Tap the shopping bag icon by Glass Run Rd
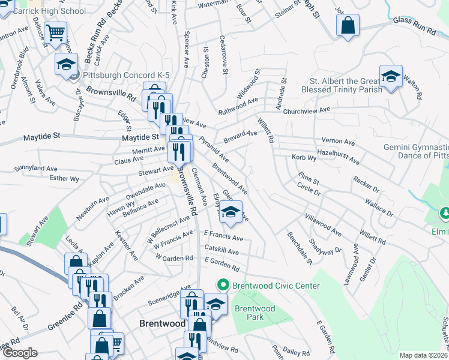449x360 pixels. pos(348,26)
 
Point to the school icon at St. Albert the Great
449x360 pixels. pos(391,77)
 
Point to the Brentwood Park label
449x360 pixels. pos(255,313)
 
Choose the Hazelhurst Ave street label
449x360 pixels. pos(339,157)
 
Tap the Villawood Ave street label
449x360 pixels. pos(323,224)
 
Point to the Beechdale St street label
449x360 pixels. pos(300,248)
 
